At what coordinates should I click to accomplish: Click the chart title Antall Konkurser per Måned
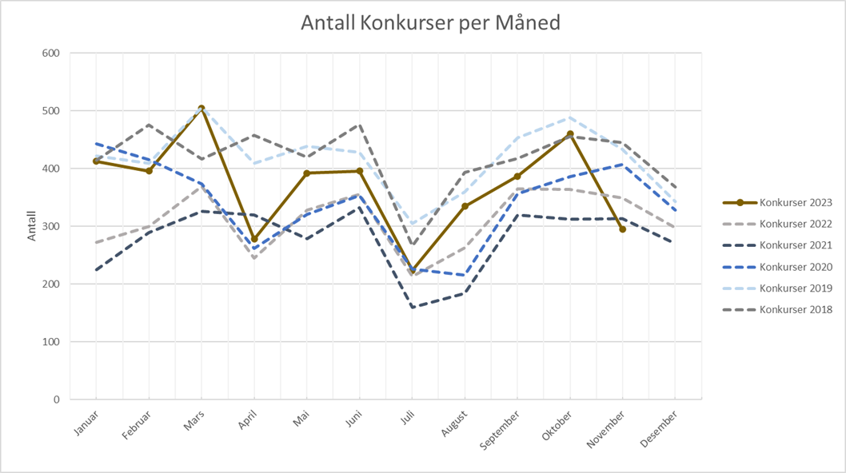tap(430, 23)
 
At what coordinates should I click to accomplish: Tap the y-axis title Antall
tap(33, 227)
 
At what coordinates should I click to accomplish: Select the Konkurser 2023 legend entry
tap(795, 203)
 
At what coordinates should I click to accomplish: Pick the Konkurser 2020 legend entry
tap(795, 267)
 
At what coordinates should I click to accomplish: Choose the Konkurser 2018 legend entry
tap(795, 309)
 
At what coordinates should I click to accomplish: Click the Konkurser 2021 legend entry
tap(795, 245)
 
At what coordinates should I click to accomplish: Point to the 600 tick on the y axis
tap(51, 54)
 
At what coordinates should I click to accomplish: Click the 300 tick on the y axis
tap(51, 227)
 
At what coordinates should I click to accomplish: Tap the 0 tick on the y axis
tap(56, 399)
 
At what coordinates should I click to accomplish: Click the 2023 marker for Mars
tap(202, 109)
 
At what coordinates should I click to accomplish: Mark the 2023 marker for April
tap(254, 240)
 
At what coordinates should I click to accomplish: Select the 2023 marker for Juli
tap(413, 271)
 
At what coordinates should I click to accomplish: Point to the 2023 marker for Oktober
tap(570, 134)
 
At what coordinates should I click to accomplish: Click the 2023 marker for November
tap(623, 229)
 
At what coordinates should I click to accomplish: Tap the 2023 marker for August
tap(465, 206)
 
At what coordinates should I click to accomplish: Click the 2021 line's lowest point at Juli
tap(413, 307)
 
